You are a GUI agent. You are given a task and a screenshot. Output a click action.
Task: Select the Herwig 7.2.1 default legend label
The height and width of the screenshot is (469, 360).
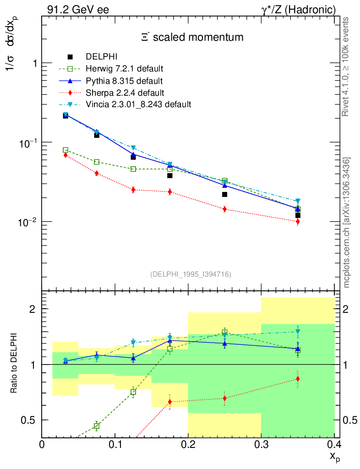[x=124, y=69]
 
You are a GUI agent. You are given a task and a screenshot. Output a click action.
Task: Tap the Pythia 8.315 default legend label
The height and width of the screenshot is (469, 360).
[x=124, y=81]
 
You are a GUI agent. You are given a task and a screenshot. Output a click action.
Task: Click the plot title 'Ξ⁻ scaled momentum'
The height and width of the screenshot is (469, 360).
[x=192, y=38]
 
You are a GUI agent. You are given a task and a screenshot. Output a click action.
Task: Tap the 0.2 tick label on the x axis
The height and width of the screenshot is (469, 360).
[x=188, y=445]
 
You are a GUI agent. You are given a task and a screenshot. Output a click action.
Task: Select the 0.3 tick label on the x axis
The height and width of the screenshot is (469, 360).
[x=261, y=445]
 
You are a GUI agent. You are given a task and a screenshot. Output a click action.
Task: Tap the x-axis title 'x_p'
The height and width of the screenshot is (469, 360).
[x=334, y=456]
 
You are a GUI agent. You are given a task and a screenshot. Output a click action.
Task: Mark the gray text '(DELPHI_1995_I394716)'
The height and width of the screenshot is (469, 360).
[x=191, y=274]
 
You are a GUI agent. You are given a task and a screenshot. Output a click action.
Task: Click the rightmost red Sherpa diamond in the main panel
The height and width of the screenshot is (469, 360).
[x=298, y=222]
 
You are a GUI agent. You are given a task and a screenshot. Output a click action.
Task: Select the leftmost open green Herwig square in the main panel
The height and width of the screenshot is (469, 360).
[x=65, y=150]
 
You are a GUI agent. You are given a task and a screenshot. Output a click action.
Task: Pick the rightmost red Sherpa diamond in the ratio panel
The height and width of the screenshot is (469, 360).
[x=298, y=379]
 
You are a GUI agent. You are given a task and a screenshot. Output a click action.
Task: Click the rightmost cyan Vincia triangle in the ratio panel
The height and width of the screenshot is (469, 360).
[x=298, y=332]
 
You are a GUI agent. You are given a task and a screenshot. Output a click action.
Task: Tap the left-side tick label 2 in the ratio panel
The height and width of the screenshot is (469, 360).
[x=33, y=309]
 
